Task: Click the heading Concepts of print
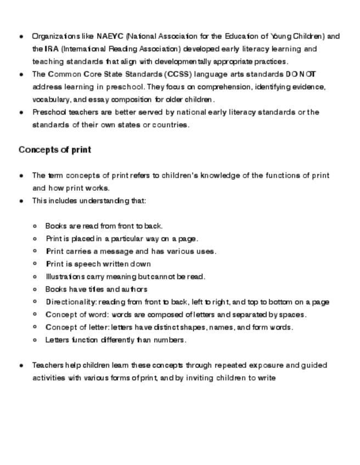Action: coord(55,150)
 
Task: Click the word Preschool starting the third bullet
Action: coord(49,112)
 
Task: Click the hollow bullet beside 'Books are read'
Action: coord(35,226)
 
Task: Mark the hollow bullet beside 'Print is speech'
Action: coord(35,264)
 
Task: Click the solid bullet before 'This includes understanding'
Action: coord(21,201)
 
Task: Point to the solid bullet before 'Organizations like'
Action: coord(21,37)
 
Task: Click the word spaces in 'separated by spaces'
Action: coord(294,315)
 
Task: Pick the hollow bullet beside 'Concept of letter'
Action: coord(35,327)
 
